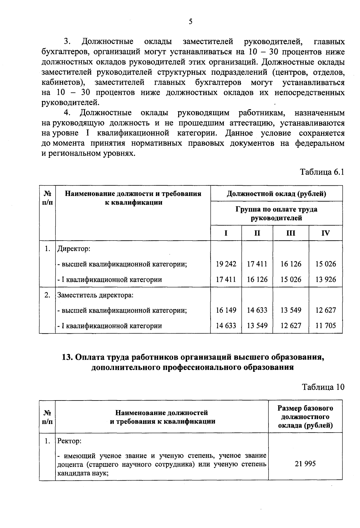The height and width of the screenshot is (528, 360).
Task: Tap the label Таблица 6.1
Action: click(x=322, y=172)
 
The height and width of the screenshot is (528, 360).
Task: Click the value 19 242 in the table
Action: click(x=226, y=264)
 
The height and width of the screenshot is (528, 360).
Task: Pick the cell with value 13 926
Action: click(x=325, y=280)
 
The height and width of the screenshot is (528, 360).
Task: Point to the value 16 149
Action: click(x=226, y=310)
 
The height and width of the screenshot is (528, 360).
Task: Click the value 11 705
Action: click(x=325, y=325)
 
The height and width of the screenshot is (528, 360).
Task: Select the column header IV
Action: click(x=325, y=233)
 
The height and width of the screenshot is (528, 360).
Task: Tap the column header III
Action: click(x=290, y=233)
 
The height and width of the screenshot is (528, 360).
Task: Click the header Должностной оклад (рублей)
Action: click(x=276, y=193)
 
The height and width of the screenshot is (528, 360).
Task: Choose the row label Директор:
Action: click(x=74, y=249)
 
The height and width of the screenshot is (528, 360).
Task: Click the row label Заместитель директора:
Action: click(x=95, y=295)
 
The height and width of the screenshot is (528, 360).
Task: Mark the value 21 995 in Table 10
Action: click(x=305, y=464)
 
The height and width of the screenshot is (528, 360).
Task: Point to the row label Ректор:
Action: click(x=69, y=442)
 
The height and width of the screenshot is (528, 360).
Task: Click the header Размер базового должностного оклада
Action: click(x=305, y=417)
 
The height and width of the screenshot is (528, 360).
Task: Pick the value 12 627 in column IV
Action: click(x=325, y=310)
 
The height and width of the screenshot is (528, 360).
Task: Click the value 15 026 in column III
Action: click(x=290, y=280)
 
